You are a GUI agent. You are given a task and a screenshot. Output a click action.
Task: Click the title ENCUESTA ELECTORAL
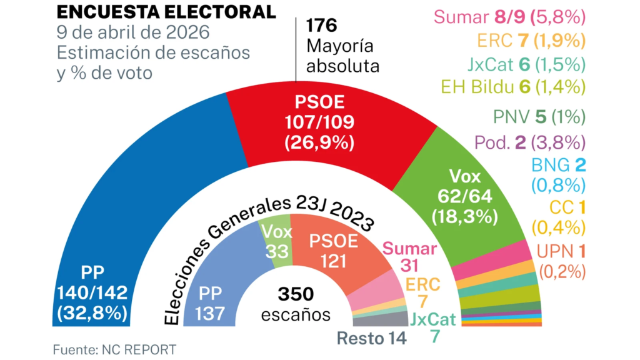[166, 11]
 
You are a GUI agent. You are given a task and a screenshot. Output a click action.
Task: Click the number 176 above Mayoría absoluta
[321, 26]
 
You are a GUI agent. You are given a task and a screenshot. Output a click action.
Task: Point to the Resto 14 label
[372, 339]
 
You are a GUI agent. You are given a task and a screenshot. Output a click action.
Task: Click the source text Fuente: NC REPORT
[115, 349]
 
